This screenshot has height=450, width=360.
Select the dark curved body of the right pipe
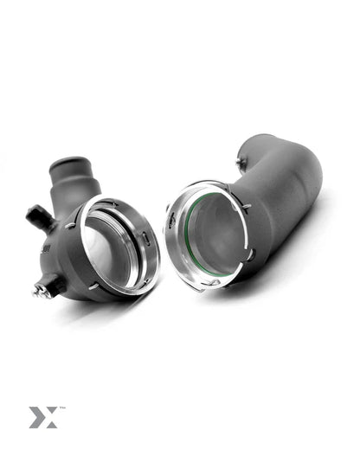point(286,208)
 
